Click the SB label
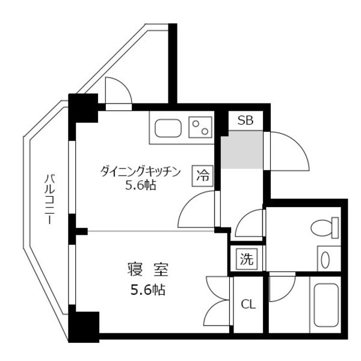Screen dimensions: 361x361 tap(245, 120)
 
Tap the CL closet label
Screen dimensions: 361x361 tap(248, 304)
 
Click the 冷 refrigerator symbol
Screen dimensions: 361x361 tap(203, 176)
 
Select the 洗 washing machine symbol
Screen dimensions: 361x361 tap(247, 259)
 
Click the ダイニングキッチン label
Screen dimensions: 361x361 tap(140, 171)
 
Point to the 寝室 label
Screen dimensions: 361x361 tap(148, 269)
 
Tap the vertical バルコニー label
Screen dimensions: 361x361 tap(50, 199)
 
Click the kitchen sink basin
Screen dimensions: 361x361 tap(168, 128)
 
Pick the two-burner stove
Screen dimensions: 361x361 tap(200, 128)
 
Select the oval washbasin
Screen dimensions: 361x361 tap(325, 260)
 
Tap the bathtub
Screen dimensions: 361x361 tap(326, 305)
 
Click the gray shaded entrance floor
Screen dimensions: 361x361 tap(242, 149)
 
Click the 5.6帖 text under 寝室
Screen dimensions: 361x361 tap(148, 290)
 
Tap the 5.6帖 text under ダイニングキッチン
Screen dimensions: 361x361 tap(140, 185)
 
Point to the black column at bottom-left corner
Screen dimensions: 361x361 tap(84, 327)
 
